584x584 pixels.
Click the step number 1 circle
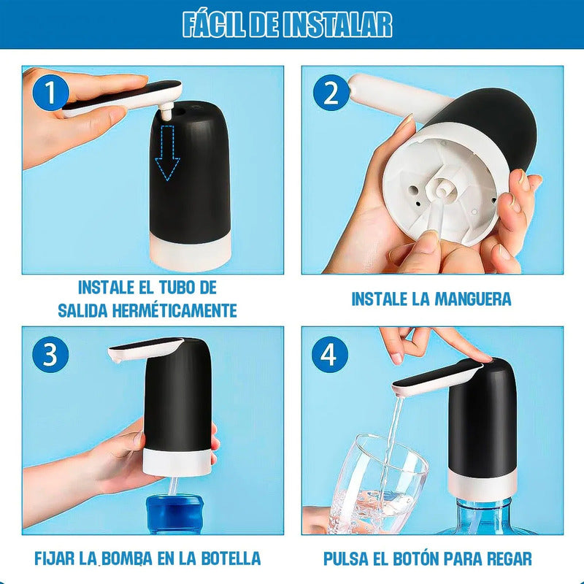coord(49,93)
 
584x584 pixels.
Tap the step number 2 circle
coord(330,93)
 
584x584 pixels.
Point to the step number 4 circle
coord(329,354)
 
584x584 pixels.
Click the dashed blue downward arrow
coord(167,153)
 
